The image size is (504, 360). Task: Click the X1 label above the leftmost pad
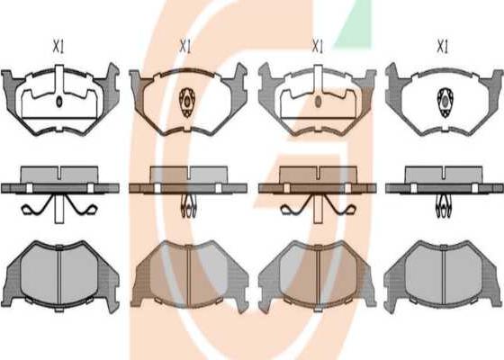(x=58, y=47)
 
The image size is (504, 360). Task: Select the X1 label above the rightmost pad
(x=442, y=47)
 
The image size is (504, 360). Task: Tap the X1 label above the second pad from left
(x=185, y=47)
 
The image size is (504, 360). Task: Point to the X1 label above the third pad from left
(x=317, y=47)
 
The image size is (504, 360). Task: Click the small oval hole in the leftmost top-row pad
(x=59, y=102)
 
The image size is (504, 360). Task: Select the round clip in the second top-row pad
(x=187, y=103)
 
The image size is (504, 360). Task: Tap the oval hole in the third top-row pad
(x=318, y=102)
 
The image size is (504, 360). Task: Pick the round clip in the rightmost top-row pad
(x=445, y=103)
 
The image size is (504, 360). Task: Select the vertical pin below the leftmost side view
(x=58, y=209)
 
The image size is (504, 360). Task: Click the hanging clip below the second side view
(x=188, y=206)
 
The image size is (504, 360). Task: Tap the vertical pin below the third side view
(x=318, y=209)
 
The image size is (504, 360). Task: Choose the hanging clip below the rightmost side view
(x=444, y=207)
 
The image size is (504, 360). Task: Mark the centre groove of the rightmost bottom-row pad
(x=443, y=277)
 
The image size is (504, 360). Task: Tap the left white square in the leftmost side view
(x=30, y=188)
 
